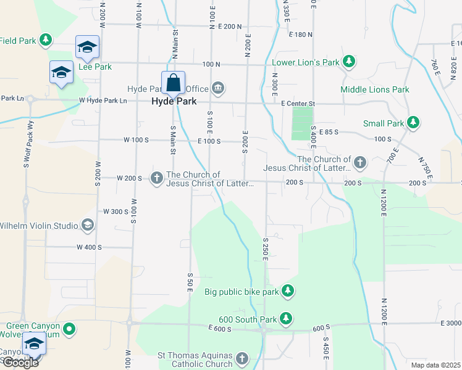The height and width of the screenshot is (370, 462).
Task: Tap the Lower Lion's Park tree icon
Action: (x=350, y=62)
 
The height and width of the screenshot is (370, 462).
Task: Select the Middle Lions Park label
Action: (x=375, y=89)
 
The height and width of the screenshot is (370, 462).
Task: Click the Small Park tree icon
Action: (x=414, y=123)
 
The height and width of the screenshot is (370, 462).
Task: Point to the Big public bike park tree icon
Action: (x=287, y=290)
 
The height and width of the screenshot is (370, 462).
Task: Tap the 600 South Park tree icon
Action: (x=285, y=319)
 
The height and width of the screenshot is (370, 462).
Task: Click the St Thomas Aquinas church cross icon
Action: (x=242, y=358)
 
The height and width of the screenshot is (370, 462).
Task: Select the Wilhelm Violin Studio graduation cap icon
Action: (x=87, y=225)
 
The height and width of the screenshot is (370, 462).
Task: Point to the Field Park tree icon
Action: (x=45, y=41)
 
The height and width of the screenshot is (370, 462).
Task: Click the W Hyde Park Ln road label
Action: (x=103, y=101)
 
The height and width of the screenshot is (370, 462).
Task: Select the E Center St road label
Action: (x=298, y=104)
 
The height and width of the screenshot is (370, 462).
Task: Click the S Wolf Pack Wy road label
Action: (x=27, y=163)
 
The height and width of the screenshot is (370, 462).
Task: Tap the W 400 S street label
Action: (x=89, y=247)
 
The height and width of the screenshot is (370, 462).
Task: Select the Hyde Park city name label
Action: (x=174, y=101)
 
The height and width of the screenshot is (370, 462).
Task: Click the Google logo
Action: (x=20, y=363)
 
